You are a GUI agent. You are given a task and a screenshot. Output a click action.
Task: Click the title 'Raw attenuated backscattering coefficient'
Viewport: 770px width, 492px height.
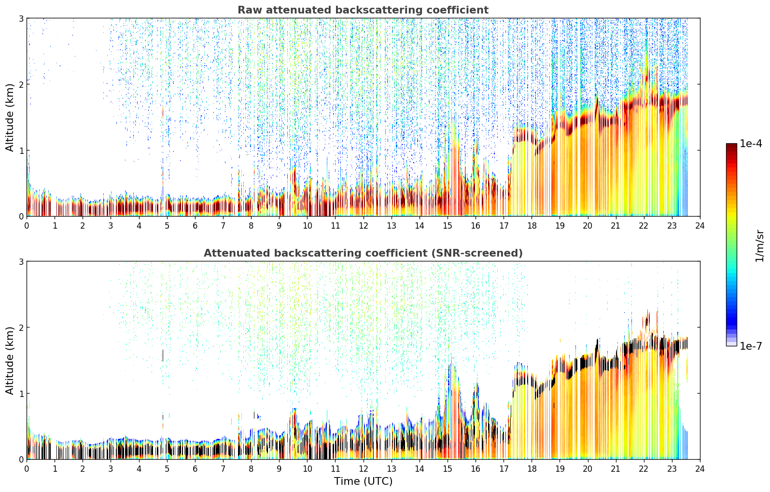[363, 10]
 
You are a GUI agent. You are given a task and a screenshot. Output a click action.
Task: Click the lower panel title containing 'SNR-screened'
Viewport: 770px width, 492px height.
[363, 253]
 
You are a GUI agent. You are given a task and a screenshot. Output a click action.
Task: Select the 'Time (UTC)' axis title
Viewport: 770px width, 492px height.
[363, 481]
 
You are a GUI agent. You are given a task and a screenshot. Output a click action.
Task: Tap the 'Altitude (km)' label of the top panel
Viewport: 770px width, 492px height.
[10, 117]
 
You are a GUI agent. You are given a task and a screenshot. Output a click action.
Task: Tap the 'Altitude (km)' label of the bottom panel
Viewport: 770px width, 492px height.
[10, 360]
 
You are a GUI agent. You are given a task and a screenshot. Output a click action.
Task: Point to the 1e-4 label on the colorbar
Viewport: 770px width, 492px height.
[751, 144]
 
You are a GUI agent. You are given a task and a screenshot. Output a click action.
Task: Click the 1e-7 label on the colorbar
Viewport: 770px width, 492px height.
[751, 346]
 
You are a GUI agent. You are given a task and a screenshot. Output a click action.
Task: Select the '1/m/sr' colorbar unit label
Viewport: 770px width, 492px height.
[759, 246]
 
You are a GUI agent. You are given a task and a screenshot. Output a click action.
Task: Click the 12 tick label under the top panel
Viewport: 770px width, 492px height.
[364, 226]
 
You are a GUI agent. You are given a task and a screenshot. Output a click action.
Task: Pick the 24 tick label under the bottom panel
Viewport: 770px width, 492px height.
[700, 469]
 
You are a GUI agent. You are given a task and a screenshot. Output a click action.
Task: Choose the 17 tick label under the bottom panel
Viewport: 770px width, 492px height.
[504, 469]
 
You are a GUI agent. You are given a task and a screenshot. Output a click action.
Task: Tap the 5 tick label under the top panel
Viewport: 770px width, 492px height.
[167, 226]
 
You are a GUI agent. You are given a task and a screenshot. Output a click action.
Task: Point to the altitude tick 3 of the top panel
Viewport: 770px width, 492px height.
[21, 18]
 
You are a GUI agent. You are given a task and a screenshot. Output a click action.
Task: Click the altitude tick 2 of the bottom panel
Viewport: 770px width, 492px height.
[21, 328]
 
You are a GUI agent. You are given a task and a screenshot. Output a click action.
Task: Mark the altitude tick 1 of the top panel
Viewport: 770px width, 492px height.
[21, 150]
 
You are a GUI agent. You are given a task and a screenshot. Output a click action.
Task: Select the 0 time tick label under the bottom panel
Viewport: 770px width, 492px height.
[27, 469]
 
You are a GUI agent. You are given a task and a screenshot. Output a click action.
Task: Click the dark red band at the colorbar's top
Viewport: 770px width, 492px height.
[731, 146]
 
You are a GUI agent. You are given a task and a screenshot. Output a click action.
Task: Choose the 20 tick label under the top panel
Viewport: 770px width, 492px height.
[588, 226]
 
